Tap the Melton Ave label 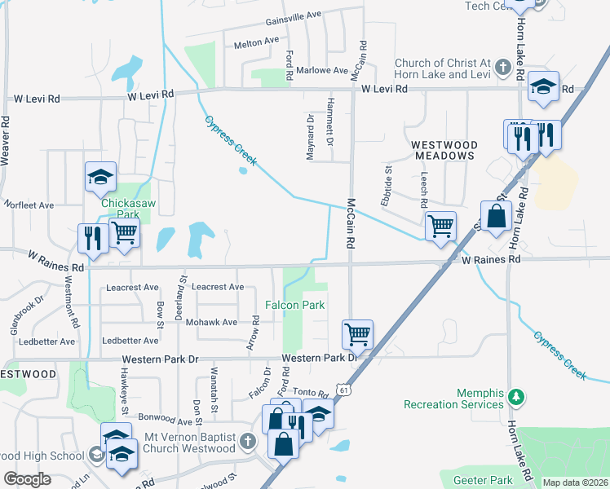pyautogui.click(x=256, y=42)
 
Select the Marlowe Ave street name pyautogui.click(x=322, y=70)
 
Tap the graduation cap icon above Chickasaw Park pyautogui.click(x=100, y=177)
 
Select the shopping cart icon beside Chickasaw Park pyautogui.click(x=125, y=232)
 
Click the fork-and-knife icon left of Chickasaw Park pyautogui.click(x=92, y=238)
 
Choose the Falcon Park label pyautogui.click(x=294, y=305)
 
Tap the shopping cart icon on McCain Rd pyautogui.click(x=357, y=333)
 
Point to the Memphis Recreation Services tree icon pyautogui.click(x=515, y=397)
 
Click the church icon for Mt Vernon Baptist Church pyautogui.click(x=249, y=442)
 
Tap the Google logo pyautogui.click(x=27, y=479)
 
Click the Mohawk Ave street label pyautogui.click(x=213, y=322)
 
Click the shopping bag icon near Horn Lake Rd pyautogui.click(x=495, y=217)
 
